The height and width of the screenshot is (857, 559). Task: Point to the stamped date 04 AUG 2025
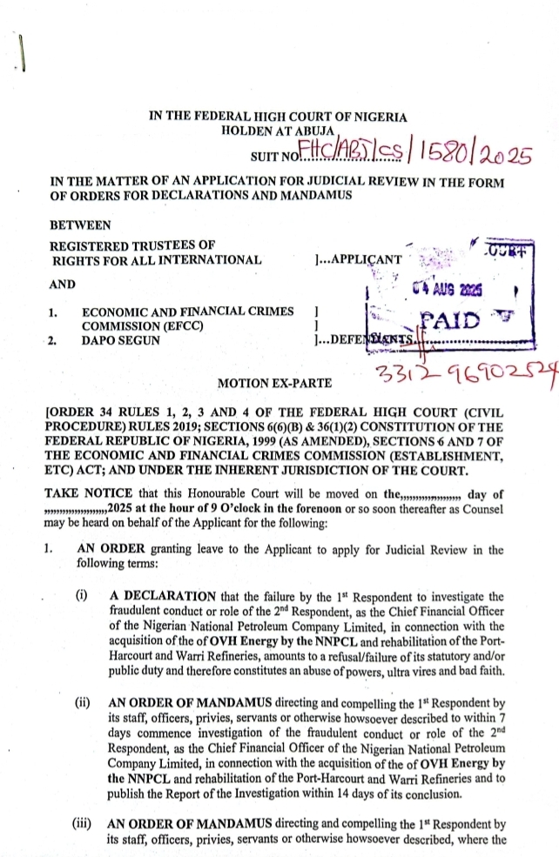click(452, 289)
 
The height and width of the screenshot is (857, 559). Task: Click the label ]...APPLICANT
click(357, 259)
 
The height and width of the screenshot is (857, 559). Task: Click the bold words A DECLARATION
click(157, 596)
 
